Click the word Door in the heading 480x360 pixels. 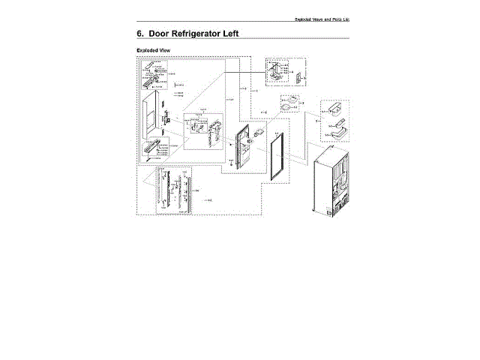[166, 34]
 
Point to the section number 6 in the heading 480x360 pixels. [139, 34]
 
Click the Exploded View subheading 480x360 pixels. [152, 50]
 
